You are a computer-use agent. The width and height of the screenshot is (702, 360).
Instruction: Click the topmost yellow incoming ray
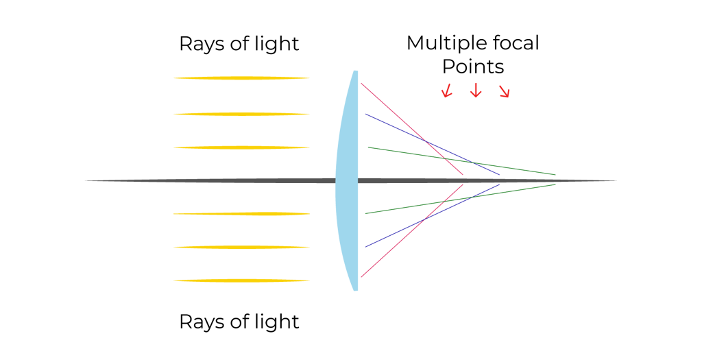point(241,78)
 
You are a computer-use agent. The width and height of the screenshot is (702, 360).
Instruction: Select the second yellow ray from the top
point(241,114)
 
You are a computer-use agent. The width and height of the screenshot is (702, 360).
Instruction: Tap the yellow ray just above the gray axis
point(241,147)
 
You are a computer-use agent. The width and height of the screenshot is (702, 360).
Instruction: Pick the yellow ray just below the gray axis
point(241,214)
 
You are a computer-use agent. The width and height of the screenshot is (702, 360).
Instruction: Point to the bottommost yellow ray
point(241,280)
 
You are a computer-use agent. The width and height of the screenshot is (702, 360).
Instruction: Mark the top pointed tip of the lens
point(356,71)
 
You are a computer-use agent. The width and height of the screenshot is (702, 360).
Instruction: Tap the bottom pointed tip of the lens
point(356,290)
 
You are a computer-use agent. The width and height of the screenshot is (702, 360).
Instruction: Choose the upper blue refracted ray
point(432,144)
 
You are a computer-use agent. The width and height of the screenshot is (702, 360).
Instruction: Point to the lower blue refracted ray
point(432,215)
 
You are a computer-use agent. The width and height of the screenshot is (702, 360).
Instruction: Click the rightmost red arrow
point(505,92)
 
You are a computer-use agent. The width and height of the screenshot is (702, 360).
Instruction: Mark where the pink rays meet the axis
point(463,180)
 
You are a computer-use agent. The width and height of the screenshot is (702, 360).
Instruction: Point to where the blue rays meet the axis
point(500,180)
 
